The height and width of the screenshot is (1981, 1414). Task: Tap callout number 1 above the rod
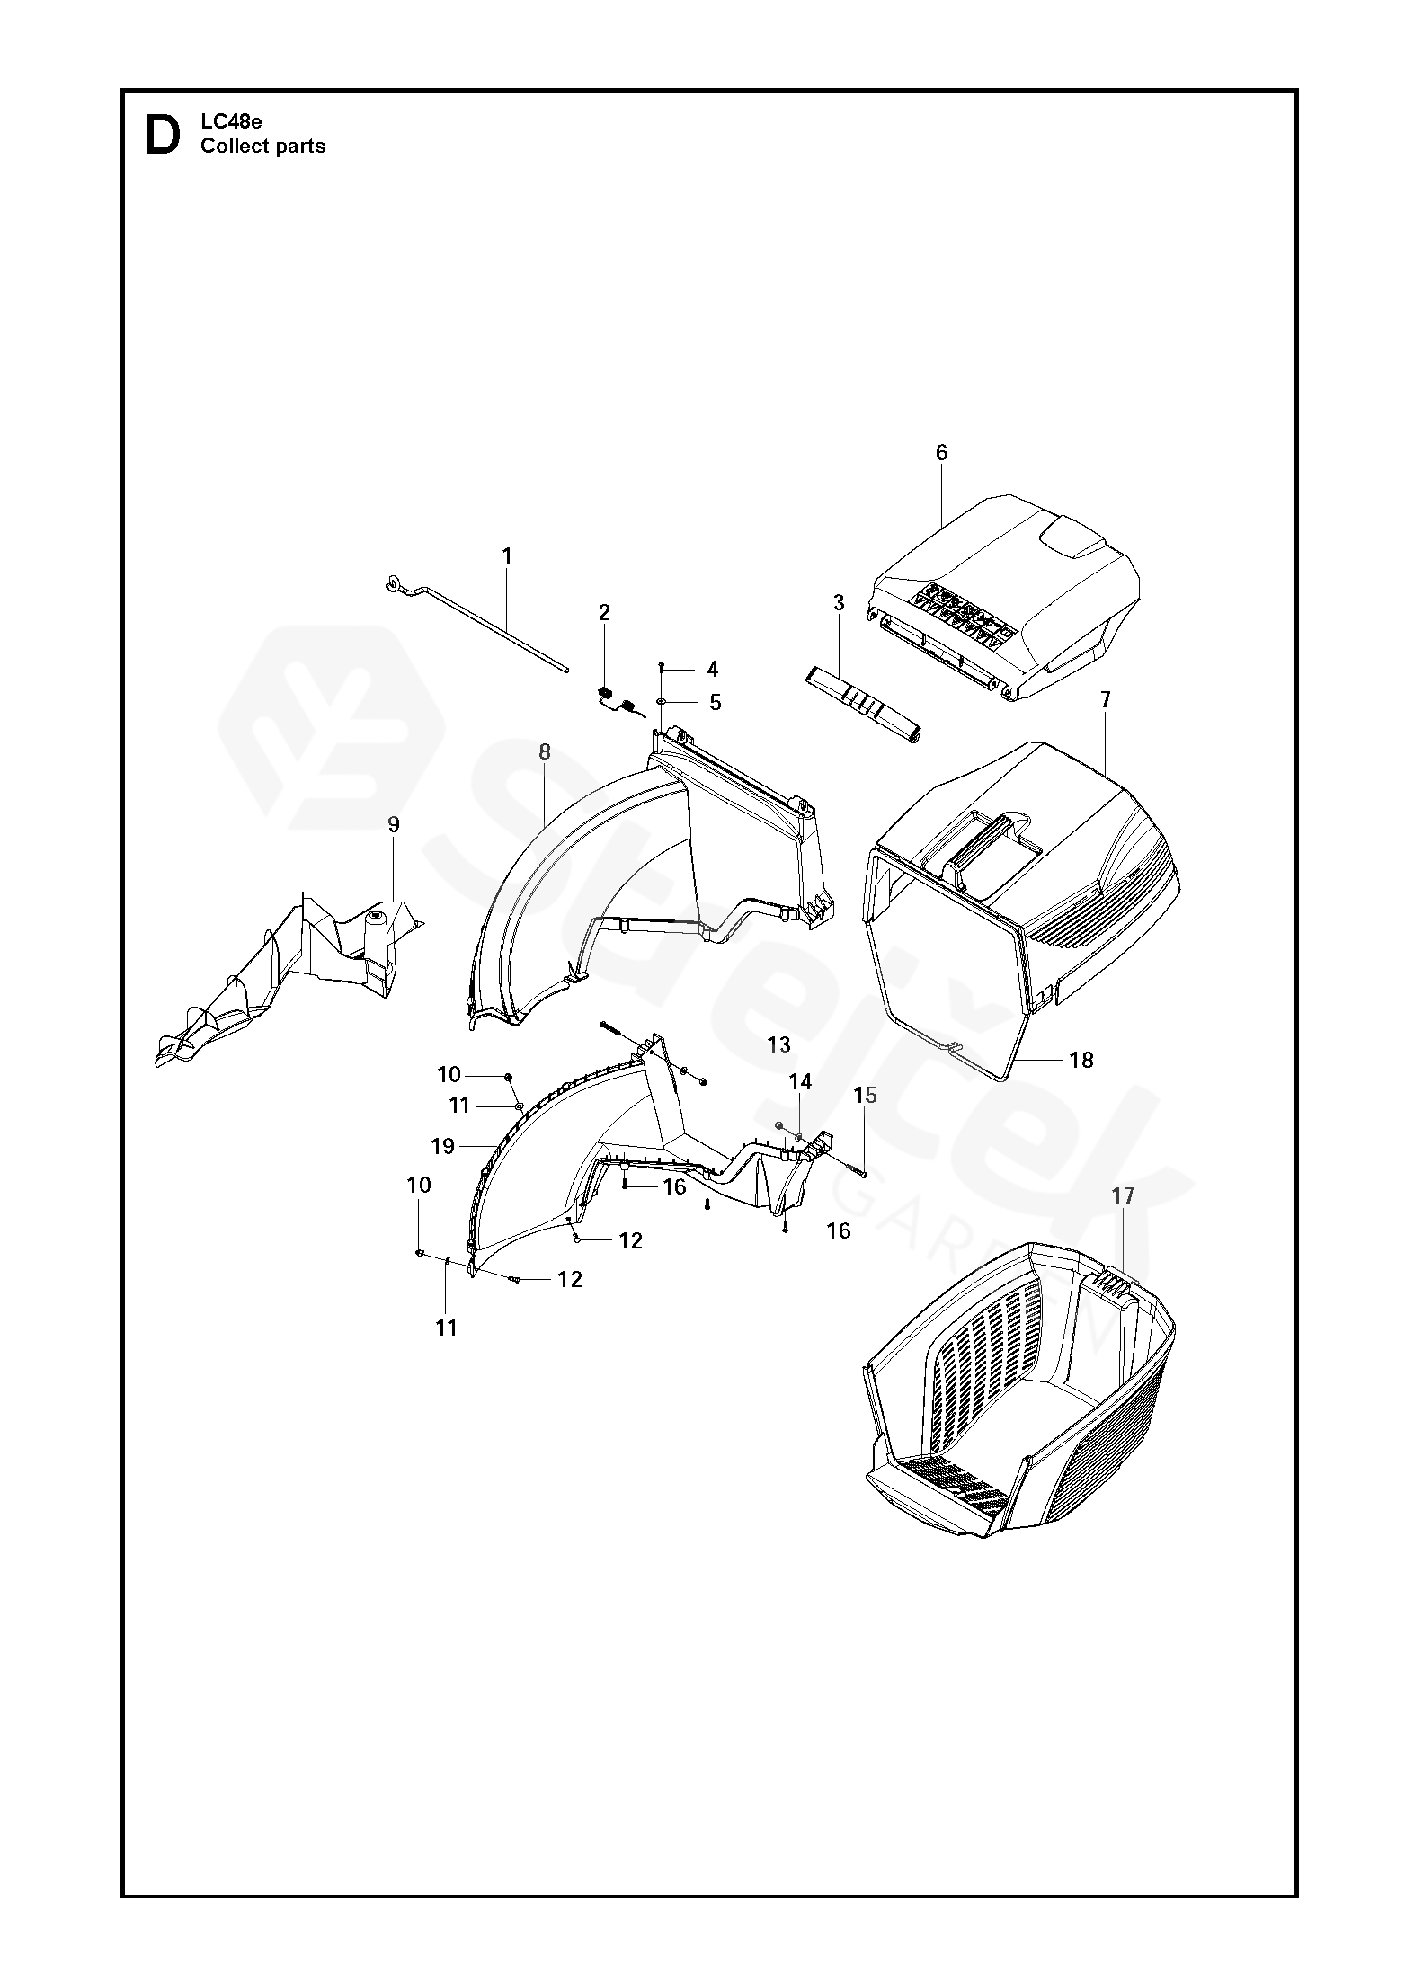(507, 556)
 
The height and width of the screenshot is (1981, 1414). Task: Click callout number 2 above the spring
(604, 613)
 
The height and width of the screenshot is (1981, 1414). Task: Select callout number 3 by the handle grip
(839, 603)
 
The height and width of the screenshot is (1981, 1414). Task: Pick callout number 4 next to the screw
(713, 669)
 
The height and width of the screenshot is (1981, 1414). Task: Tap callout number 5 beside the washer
(716, 702)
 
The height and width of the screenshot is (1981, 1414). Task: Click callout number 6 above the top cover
(941, 452)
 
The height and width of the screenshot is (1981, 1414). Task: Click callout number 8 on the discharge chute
(545, 752)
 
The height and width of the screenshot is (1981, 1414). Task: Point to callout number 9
(393, 825)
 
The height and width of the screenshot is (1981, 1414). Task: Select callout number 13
(778, 1044)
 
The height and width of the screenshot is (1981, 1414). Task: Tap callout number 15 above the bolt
(865, 1095)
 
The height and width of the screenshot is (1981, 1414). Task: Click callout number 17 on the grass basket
(1123, 1195)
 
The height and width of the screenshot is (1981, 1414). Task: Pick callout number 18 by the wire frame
(1081, 1060)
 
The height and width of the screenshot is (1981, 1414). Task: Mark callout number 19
(443, 1146)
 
